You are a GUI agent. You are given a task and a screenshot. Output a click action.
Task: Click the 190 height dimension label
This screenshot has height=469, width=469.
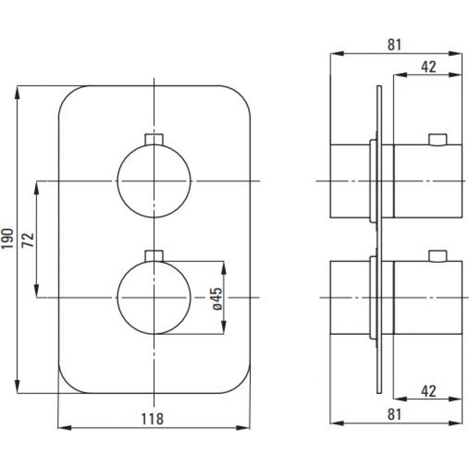[x=8, y=239]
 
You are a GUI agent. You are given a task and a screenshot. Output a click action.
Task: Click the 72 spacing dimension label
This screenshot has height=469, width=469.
[x=29, y=240]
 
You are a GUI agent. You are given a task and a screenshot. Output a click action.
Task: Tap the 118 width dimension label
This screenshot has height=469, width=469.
[x=152, y=419]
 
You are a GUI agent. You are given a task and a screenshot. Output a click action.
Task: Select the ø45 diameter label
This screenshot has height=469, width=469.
[x=217, y=299]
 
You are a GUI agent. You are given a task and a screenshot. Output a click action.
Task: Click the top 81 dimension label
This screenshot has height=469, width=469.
[x=394, y=45]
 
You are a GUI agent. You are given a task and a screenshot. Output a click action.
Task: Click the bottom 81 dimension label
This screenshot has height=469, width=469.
[x=394, y=414]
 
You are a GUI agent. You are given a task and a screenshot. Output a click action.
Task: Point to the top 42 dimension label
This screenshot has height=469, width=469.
[x=429, y=67]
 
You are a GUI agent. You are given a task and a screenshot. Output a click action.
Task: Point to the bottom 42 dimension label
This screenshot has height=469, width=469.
[x=429, y=391]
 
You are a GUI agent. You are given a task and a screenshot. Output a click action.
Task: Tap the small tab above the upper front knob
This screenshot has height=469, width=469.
[x=154, y=140]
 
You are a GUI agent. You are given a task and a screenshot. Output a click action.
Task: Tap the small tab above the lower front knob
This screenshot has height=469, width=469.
[x=154, y=256]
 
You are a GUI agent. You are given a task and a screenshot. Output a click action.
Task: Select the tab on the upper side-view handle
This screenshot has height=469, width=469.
[x=437, y=140]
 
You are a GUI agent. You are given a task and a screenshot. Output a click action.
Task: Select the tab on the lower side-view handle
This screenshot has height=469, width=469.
[x=437, y=257]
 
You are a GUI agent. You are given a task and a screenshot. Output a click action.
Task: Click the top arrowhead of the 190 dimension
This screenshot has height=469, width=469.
[x=18, y=93]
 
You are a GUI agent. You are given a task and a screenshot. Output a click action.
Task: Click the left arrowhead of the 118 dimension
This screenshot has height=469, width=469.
[x=64, y=428]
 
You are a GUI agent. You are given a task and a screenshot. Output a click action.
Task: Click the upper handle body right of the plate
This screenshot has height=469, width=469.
[x=428, y=181]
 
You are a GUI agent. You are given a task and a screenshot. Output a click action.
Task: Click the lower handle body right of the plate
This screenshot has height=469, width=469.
[x=428, y=297]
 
